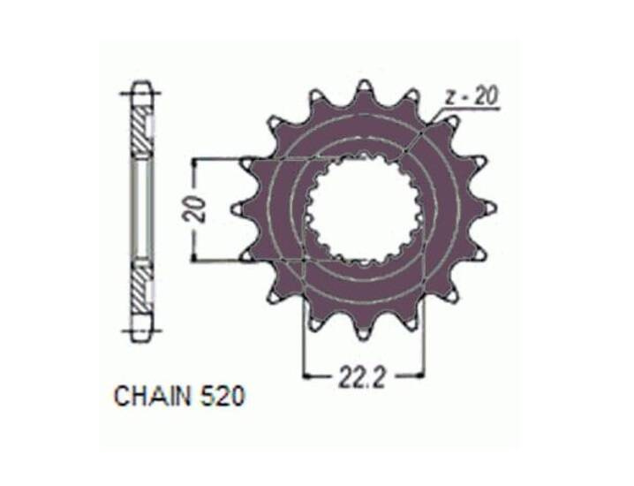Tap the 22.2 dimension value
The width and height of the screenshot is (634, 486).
tap(361, 376)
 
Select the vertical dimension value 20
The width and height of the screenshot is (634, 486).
tap(194, 209)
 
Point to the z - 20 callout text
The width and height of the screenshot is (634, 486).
tap(472, 96)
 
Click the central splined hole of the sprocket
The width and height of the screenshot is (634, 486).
tap(365, 209)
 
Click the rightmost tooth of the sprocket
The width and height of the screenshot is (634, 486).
tap(487, 209)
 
